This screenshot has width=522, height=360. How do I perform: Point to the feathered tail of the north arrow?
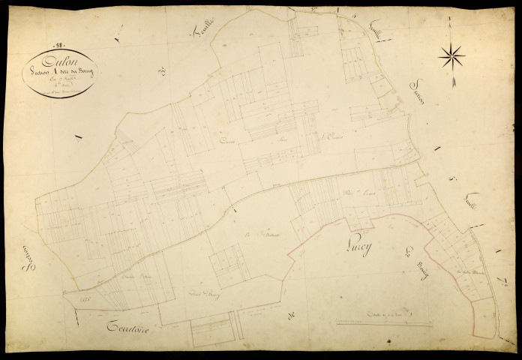pyautogui.click(x=452, y=81)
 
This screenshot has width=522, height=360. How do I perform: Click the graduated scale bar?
pyautogui.click(x=384, y=323)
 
